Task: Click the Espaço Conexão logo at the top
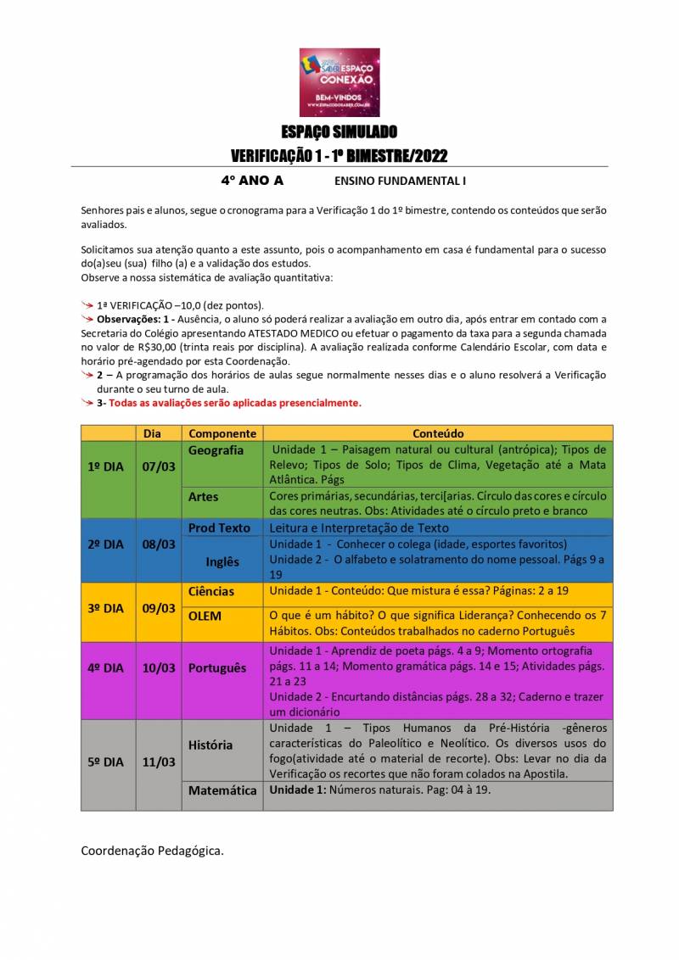tap(339, 81)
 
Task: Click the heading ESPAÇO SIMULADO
tap(339, 132)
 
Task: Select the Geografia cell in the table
tap(216, 450)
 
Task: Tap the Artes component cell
tap(204, 497)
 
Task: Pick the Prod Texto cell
tap(219, 527)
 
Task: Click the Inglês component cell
tap(222, 561)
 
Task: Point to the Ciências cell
tap(211, 591)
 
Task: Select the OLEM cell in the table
tap(205, 616)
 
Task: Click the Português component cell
tap(217, 667)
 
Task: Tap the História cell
tap(210, 745)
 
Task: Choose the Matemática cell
tap(222, 790)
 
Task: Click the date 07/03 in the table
tap(159, 466)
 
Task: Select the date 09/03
tap(159, 608)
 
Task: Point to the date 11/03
tap(159, 762)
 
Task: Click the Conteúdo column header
tap(438, 433)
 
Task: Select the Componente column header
tap(222, 433)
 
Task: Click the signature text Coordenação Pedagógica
tap(153, 850)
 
